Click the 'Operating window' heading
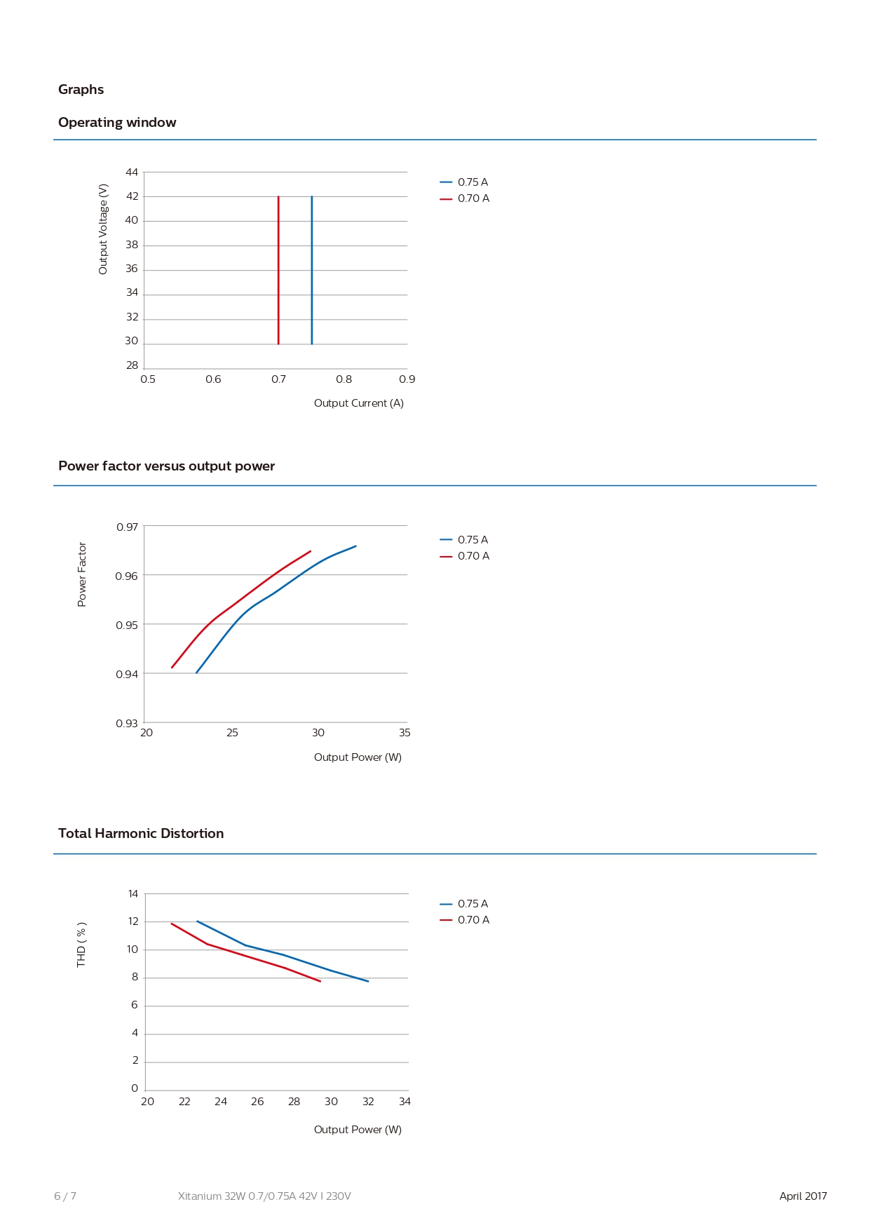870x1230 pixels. coord(117,123)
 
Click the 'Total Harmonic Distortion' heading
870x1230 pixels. coord(141,833)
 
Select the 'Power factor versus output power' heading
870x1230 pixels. coord(166,466)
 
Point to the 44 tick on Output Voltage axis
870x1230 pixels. coord(132,173)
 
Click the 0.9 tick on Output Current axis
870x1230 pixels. coord(407,379)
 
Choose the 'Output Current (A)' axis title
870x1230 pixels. coord(358,403)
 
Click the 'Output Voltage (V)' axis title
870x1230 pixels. coord(104,229)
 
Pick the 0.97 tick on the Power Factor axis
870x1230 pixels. coord(127,527)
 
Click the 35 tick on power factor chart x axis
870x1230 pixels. coord(405,733)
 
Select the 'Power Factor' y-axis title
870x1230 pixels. coord(82,574)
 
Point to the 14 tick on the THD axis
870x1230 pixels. coord(133,894)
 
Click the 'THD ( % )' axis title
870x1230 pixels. coord(81,945)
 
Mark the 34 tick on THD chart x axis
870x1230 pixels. coord(405,1102)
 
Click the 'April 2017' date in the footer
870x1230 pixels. coord(803,1196)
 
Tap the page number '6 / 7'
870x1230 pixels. coord(65,1196)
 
